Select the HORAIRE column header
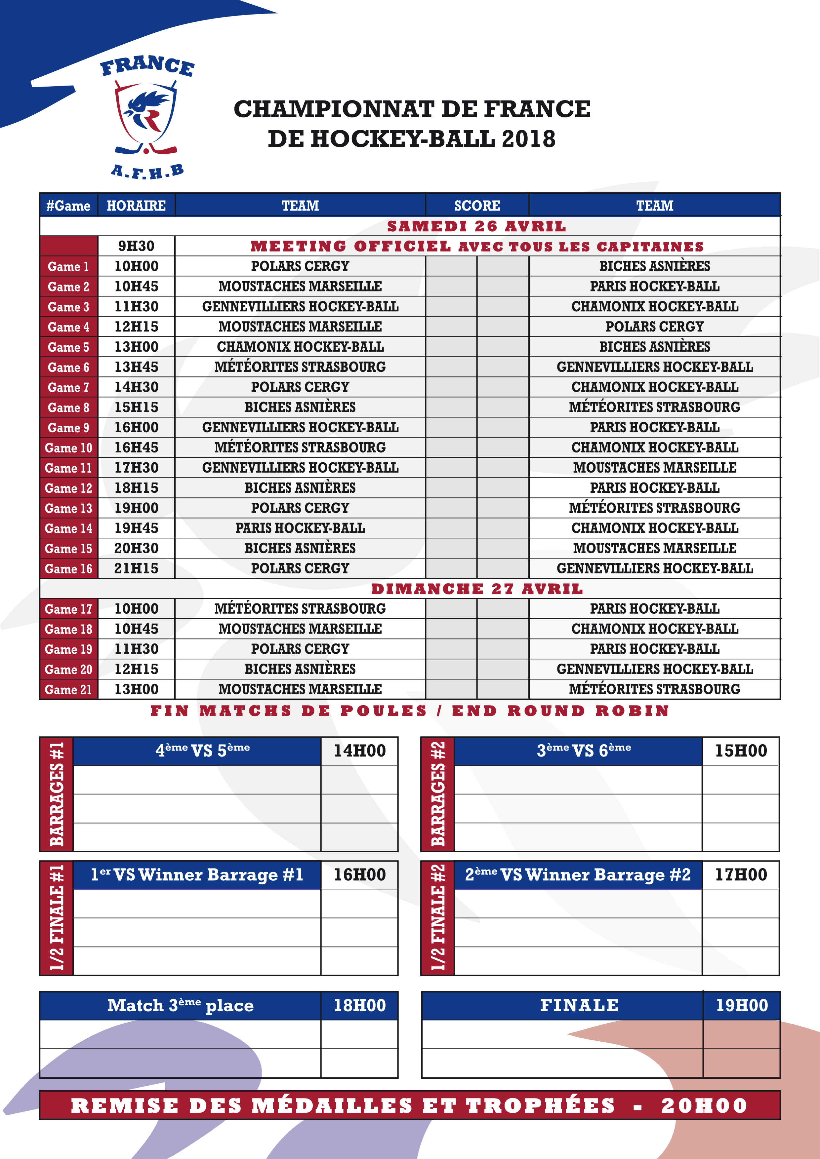[x=136, y=206]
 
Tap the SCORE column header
[x=477, y=206]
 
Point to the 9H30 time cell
[x=136, y=246]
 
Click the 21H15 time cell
[x=136, y=568]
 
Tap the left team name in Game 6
[x=300, y=367]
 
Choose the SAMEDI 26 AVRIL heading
[x=477, y=226]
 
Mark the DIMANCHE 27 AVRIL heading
[x=477, y=589]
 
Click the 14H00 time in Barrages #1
[x=359, y=751]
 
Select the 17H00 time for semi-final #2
[x=741, y=875]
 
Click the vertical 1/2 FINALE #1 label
[x=57, y=918]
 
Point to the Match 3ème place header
[x=180, y=1005]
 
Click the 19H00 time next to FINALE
[x=742, y=1005]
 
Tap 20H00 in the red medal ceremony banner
[x=704, y=1105]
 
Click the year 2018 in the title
[x=529, y=139]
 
